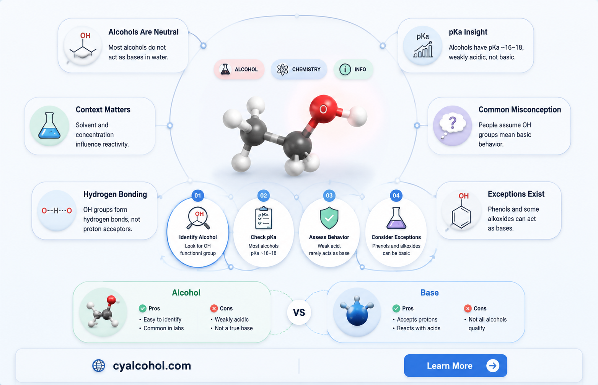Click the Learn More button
(455, 365)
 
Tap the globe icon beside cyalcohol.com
(98, 365)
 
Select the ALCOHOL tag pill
(239, 69)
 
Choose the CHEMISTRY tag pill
(299, 69)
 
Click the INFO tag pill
(353, 69)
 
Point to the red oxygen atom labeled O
(323, 109)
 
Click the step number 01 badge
(198, 196)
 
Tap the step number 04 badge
(396, 196)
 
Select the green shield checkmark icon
(329, 218)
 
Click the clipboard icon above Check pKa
(264, 218)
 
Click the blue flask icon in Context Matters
(49, 126)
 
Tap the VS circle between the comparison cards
(299, 312)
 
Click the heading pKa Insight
(468, 32)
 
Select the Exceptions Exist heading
(516, 194)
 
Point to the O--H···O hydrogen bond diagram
(57, 210)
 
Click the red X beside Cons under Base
(468, 308)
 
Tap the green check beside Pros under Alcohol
(143, 308)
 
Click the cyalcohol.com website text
(152, 365)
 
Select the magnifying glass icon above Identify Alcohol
(198, 218)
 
